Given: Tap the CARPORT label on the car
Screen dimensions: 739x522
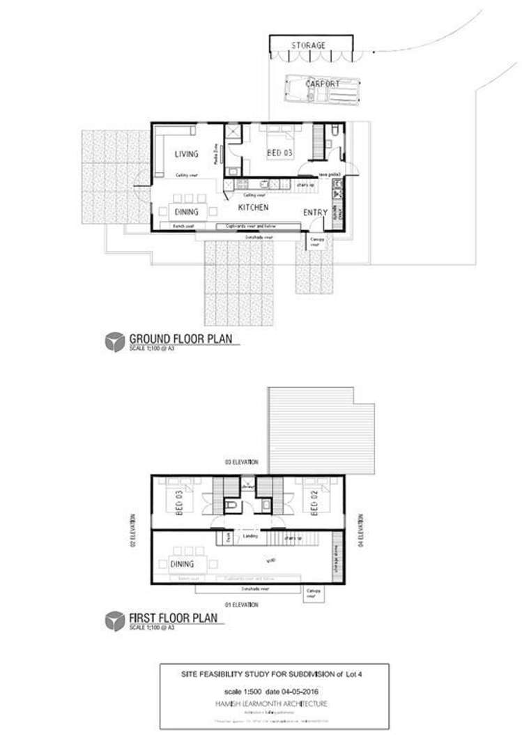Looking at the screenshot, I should coord(323,84).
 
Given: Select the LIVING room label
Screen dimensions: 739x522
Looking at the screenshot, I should coord(186,154).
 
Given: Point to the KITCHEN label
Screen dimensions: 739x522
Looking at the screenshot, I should coord(254,208).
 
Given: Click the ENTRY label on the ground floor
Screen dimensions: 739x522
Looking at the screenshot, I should coord(315,213).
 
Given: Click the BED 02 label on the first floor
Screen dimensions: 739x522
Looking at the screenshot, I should coord(315,503).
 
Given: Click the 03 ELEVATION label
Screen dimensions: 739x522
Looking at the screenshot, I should coord(241,462).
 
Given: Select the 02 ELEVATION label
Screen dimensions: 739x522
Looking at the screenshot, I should coord(133,532).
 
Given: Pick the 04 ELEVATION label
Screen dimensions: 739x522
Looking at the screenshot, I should coord(360,531).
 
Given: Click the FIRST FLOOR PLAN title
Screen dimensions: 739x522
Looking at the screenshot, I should coord(173,618).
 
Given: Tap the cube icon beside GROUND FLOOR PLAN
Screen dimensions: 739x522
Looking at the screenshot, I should coord(114,342).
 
